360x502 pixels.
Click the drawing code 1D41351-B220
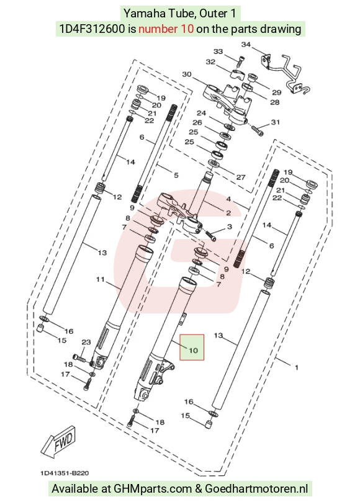(x=65, y=473)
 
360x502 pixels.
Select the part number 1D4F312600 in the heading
(x=92, y=29)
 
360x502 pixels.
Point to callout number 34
(x=246, y=45)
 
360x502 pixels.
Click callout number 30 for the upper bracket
(x=187, y=74)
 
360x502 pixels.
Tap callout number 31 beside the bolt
(x=276, y=122)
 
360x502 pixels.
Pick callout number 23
(x=86, y=342)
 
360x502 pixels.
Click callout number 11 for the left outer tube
(x=101, y=279)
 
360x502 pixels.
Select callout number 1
(x=297, y=367)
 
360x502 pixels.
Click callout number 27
(x=241, y=177)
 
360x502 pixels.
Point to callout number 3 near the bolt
(x=229, y=226)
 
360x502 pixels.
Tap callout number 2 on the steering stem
(x=228, y=213)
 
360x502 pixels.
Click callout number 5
(x=176, y=175)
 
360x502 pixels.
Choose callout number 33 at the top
(x=218, y=52)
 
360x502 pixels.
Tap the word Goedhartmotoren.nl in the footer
(x=256, y=488)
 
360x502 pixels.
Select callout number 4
(x=228, y=199)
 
